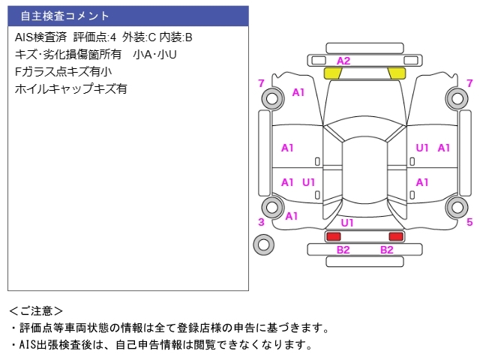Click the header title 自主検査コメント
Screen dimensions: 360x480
[65, 16]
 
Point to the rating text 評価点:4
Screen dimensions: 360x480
[95, 37]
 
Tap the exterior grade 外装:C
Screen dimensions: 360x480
[140, 37]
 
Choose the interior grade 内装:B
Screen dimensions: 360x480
[178, 37]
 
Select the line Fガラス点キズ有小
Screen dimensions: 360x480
[63, 71]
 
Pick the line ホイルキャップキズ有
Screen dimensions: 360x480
[71, 88]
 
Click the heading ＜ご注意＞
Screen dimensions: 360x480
[36, 310]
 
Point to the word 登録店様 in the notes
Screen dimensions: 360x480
[230, 328]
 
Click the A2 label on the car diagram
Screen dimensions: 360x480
[343, 61]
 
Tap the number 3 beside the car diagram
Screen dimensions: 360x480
[261, 222]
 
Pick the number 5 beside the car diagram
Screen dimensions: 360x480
[469, 222]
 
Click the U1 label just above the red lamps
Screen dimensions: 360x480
[347, 223]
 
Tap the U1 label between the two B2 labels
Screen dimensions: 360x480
[347, 223]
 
